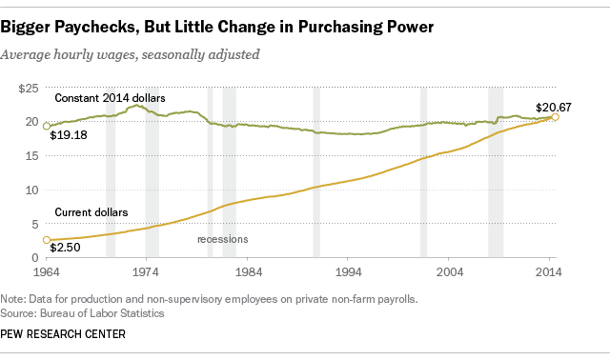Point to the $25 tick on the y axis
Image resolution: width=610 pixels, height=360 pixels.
pyautogui.click(x=28, y=89)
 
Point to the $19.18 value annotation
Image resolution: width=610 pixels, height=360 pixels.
pyautogui.click(x=67, y=136)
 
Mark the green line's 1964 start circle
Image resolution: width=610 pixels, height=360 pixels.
pyautogui.click(x=46, y=125)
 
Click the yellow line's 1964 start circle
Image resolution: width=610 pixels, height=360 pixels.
pyautogui.click(x=46, y=241)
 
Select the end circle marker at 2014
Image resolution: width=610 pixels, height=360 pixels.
pyautogui.click(x=556, y=117)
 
